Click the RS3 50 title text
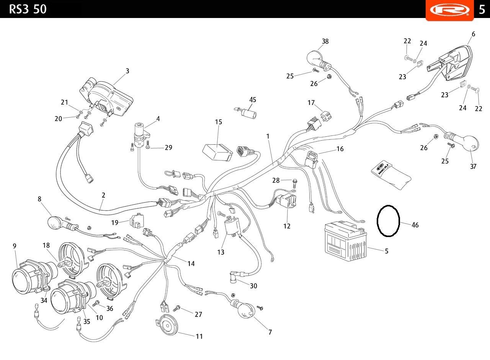point(28,9)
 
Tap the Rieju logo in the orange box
point(450,10)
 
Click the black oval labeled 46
point(388,221)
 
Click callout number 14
point(191,263)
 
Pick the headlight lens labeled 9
point(21,281)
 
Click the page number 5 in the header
point(482,10)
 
